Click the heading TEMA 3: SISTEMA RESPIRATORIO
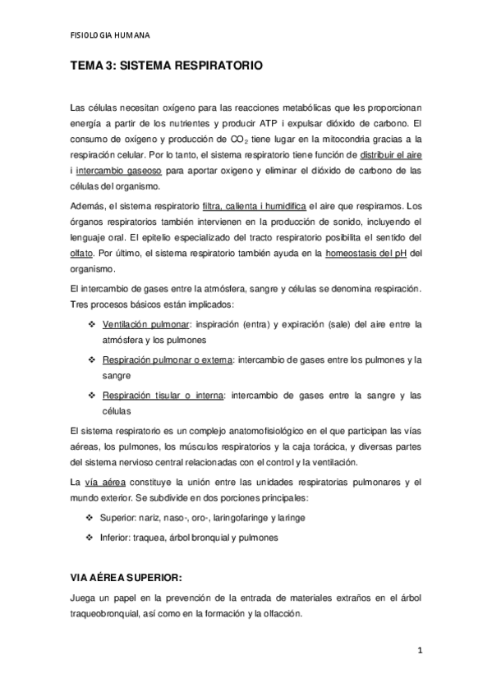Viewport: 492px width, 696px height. [x=167, y=71]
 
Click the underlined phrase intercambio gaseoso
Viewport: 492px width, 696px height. [x=116, y=171]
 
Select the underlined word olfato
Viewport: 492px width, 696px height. [x=82, y=254]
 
